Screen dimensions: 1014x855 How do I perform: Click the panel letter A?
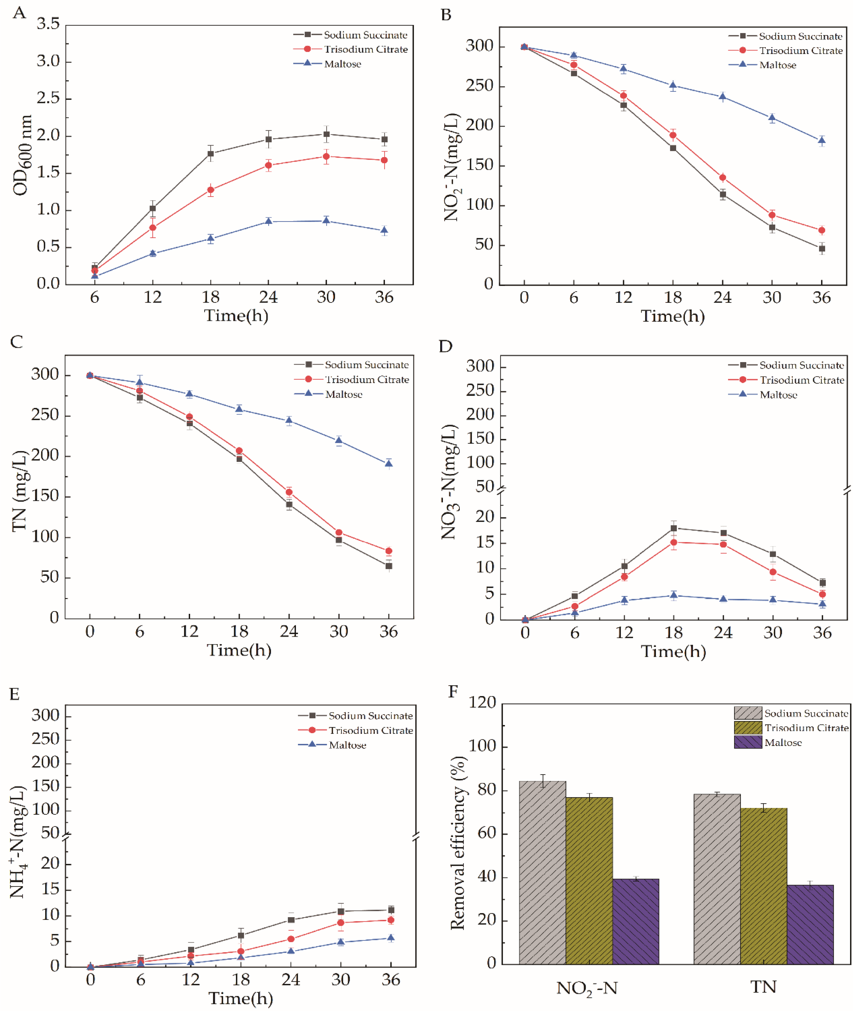[19, 13]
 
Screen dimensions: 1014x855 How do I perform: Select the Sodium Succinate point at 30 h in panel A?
[326, 134]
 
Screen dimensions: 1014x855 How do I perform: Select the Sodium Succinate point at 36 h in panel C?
[389, 566]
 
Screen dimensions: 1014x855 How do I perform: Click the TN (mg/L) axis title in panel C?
[19, 491]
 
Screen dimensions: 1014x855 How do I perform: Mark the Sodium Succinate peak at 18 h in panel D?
[674, 528]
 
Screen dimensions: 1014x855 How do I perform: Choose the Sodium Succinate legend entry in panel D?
[801, 365]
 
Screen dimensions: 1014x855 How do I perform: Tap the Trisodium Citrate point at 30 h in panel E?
[341, 922]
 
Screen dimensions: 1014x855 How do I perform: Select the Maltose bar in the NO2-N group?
[635, 921]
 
